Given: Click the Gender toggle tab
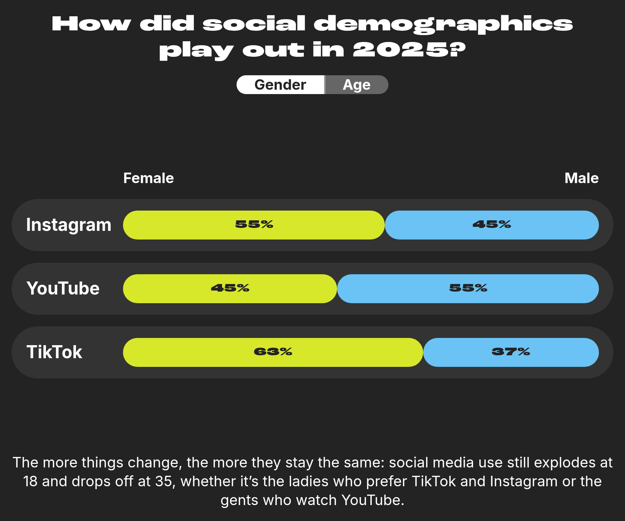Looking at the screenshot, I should (x=280, y=85).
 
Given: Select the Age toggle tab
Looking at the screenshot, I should (x=357, y=85).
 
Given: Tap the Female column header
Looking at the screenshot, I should (x=148, y=178).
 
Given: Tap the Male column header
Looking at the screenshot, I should (x=581, y=178).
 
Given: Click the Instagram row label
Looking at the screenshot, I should (x=69, y=225).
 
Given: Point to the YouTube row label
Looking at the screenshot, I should (x=63, y=288).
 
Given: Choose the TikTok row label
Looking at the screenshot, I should (x=54, y=352).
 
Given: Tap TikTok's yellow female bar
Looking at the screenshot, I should (x=188, y=352).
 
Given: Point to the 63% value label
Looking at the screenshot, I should (x=273, y=352).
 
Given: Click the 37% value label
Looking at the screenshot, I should (x=511, y=352).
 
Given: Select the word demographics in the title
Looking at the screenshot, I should (x=443, y=24).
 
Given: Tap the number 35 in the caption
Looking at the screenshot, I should (x=163, y=482).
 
